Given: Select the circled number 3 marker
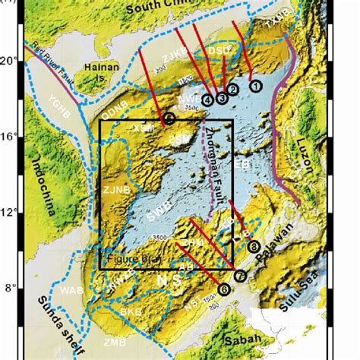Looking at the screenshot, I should tap(221, 97).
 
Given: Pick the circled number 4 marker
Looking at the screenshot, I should tap(208, 99).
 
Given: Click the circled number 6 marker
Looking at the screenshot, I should tap(224, 289).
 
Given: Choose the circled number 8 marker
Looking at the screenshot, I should tap(254, 245).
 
